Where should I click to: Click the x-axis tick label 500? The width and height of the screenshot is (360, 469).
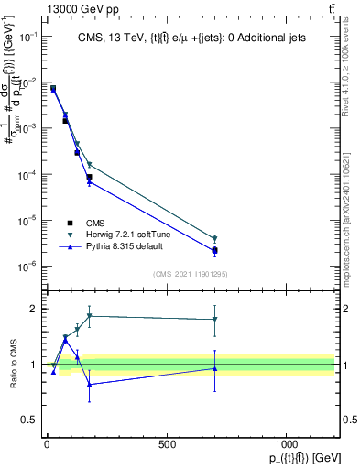(167, 443)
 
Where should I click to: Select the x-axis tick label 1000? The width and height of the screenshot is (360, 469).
(286, 443)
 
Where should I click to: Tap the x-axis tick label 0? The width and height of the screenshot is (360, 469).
(47, 443)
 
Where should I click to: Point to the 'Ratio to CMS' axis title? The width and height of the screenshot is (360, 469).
(13, 365)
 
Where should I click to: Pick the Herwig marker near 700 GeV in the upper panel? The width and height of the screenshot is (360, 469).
(214, 238)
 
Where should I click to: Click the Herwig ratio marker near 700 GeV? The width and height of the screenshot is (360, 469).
(214, 320)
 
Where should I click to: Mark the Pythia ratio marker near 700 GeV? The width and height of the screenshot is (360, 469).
(214, 368)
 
